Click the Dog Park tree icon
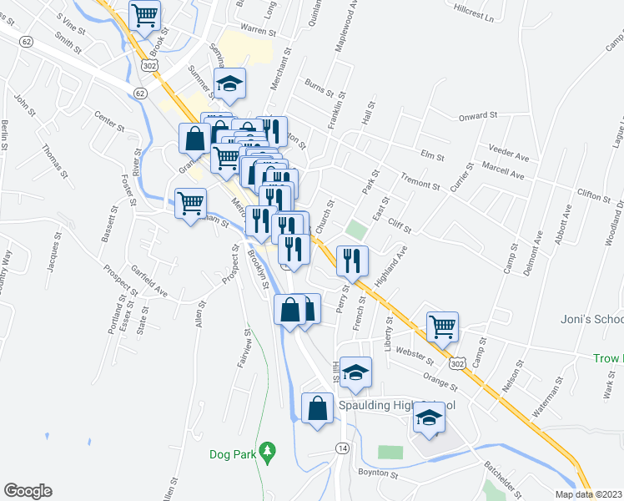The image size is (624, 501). pyautogui.click(x=267, y=453)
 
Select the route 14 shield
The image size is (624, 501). pyautogui.click(x=342, y=449)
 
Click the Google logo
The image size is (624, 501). pyautogui.click(x=28, y=491)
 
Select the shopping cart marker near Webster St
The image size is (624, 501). pyautogui.click(x=442, y=326)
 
